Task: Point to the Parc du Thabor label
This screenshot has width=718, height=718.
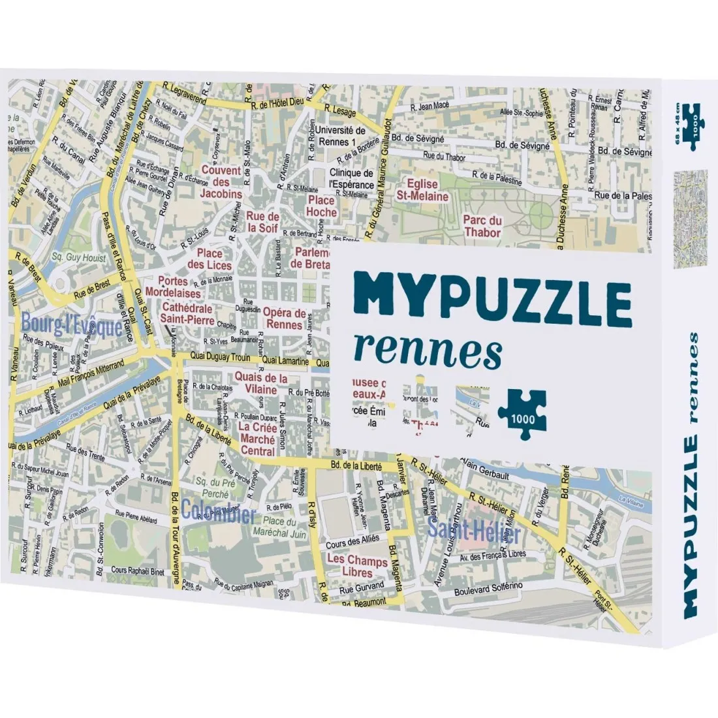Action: pyautogui.click(x=482, y=226)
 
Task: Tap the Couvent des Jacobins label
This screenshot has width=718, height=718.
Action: pyautogui.click(x=221, y=182)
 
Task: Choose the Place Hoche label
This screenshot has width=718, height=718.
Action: pyautogui.click(x=322, y=206)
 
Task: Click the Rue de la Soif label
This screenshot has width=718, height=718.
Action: pyautogui.click(x=264, y=222)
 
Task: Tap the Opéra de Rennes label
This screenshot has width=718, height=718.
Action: pyautogui.click(x=283, y=318)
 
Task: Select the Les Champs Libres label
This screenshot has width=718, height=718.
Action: pyautogui.click(x=358, y=566)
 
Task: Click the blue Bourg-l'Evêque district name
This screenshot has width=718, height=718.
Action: pyautogui.click(x=71, y=324)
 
